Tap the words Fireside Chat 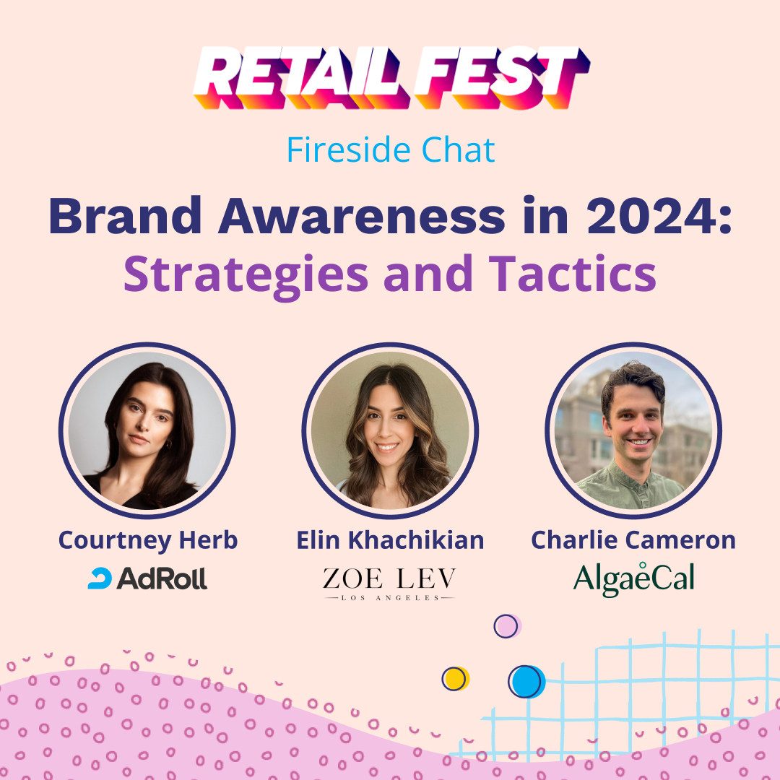pyautogui.click(x=391, y=149)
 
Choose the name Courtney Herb pyautogui.click(x=147, y=540)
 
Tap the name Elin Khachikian pyautogui.click(x=390, y=540)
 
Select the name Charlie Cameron pyautogui.click(x=633, y=540)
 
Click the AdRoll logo pyautogui.click(x=147, y=578)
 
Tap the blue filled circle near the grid pyautogui.click(x=526, y=681)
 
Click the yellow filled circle pyautogui.click(x=455, y=678)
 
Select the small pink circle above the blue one pyautogui.click(x=506, y=625)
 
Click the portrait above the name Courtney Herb pyautogui.click(x=147, y=431)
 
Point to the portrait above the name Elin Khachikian pyautogui.click(x=390, y=431)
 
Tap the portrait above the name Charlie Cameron pyautogui.click(x=633, y=431)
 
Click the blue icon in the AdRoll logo pyautogui.click(x=99, y=578)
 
